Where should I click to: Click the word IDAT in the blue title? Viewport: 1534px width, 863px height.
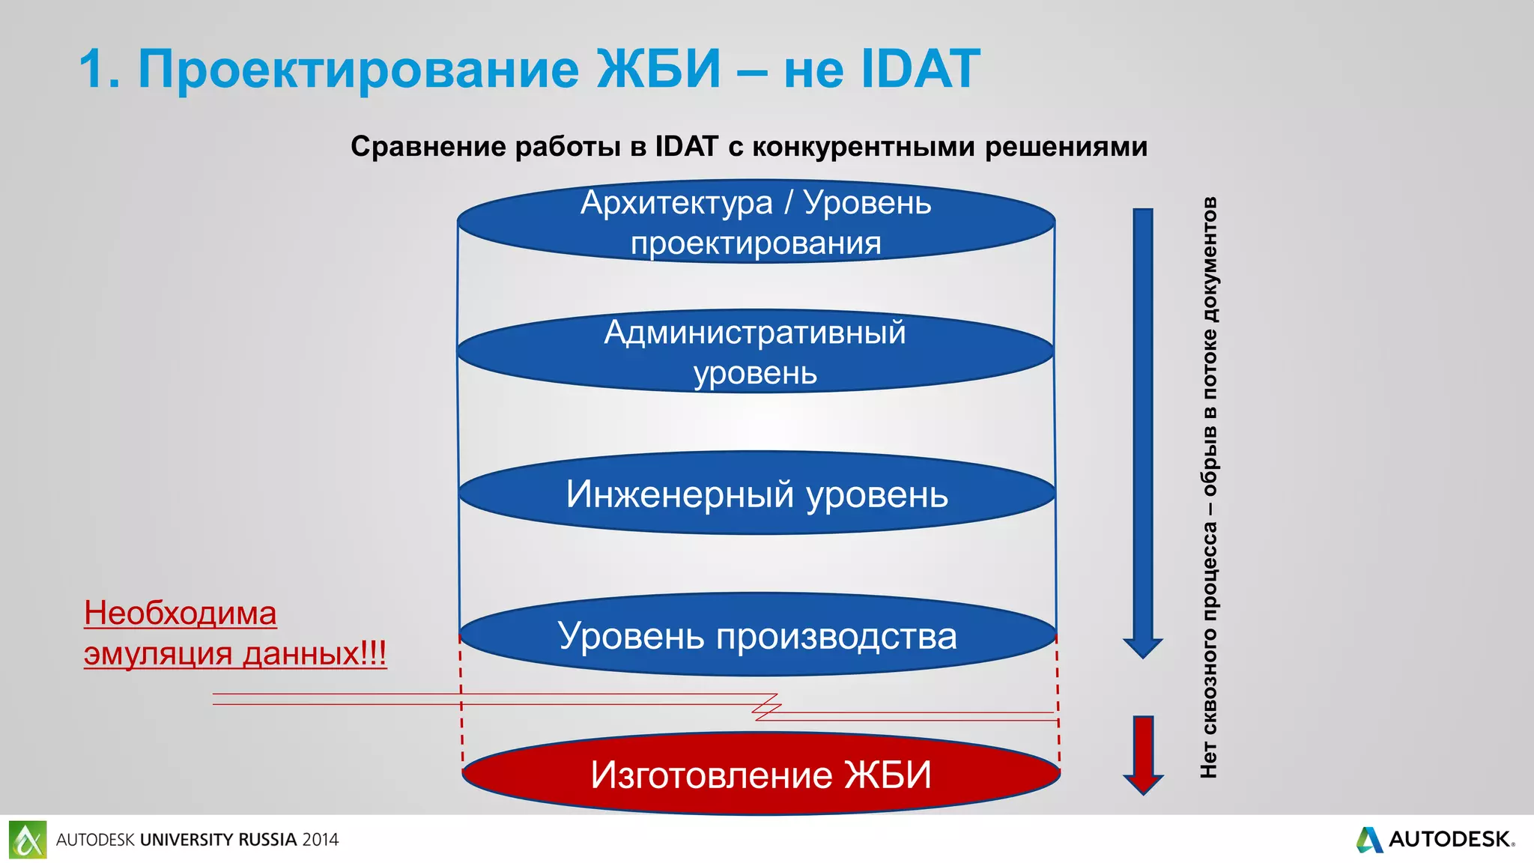pos(920,69)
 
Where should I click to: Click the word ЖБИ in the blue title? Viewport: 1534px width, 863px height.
pos(659,69)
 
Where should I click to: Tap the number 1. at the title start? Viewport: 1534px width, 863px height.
pos(99,70)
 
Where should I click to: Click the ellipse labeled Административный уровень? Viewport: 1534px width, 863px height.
pos(755,351)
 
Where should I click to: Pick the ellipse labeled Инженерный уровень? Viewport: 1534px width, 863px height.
pos(757,494)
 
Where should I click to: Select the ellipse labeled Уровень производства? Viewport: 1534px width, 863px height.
pos(757,636)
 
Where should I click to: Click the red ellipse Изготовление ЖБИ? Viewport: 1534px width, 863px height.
pos(760,774)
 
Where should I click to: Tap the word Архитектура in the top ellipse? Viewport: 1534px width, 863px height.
pos(676,203)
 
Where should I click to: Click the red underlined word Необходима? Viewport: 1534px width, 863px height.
pos(181,614)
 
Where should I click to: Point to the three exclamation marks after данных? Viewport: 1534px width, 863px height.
pos(374,653)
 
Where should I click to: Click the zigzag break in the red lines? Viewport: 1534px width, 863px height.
pos(767,706)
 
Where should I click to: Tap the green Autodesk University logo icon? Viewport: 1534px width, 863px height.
pos(28,840)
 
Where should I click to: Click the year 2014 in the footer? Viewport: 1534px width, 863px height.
pos(321,840)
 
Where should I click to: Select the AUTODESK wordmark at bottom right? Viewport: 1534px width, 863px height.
pos(1449,839)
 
